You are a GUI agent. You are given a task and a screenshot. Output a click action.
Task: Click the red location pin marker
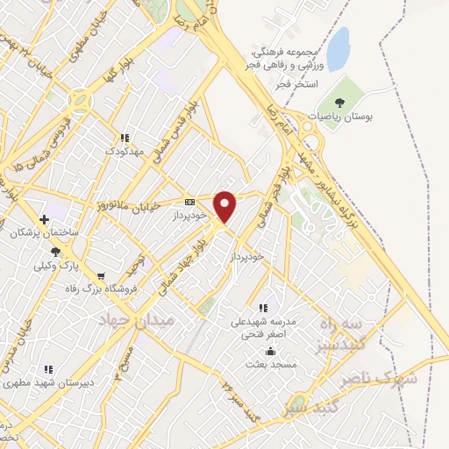(225, 206)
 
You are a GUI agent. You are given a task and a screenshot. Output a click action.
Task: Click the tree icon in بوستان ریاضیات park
(339, 103)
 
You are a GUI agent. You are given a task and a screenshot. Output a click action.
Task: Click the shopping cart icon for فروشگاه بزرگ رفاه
(101, 276)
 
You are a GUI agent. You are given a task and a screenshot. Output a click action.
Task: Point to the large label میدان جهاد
(139, 322)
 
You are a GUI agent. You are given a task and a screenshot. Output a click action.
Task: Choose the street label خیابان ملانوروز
(128, 205)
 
